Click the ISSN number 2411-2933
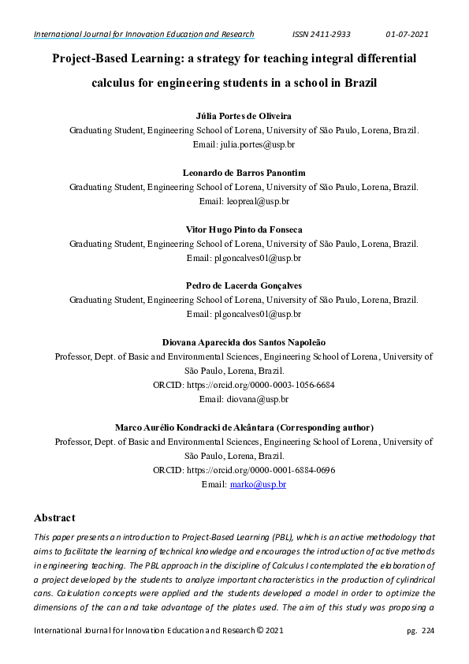point(322,34)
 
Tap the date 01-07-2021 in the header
point(407,34)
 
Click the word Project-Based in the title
point(90,58)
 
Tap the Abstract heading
point(54,518)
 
